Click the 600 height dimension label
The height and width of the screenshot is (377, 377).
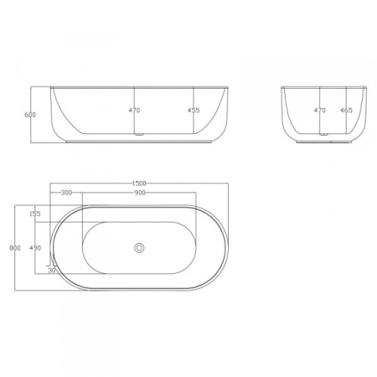point(30,115)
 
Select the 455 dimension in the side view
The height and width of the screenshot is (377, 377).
point(194,110)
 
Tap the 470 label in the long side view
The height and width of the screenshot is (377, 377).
point(134,110)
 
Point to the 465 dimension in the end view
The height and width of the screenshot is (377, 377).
point(345,110)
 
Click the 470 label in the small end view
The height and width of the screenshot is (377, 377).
point(319,110)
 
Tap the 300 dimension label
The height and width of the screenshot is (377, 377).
point(66,194)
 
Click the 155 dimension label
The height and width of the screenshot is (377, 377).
point(35,214)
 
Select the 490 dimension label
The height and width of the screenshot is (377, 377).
point(35,248)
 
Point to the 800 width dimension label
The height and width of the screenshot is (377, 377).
point(15,248)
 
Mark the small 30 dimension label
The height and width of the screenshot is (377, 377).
point(52,271)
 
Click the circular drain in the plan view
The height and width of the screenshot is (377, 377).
point(139,248)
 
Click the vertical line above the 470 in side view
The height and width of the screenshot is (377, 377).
point(135,96)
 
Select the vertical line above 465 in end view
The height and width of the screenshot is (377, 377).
point(345,96)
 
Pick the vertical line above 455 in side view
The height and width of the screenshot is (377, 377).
point(194,96)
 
